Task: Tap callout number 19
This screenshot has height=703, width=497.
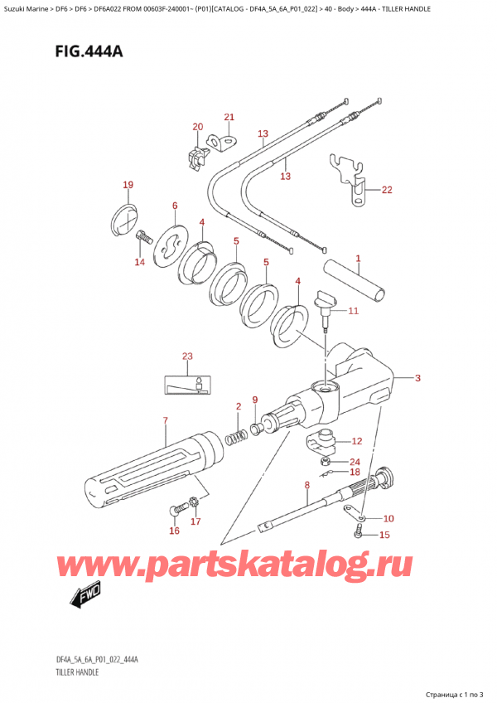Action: point(127,185)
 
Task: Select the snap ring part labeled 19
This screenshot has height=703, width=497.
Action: point(123,220)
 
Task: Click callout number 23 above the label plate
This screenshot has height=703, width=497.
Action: point(187,356)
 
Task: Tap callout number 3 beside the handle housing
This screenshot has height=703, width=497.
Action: point(417,379)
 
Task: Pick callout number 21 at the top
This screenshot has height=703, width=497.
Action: point(229,117)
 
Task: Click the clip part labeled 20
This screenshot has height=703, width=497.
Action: point(196,156)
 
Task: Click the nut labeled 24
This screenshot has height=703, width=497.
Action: point(326,463)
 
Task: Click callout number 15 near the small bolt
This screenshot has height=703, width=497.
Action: point(382,535)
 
